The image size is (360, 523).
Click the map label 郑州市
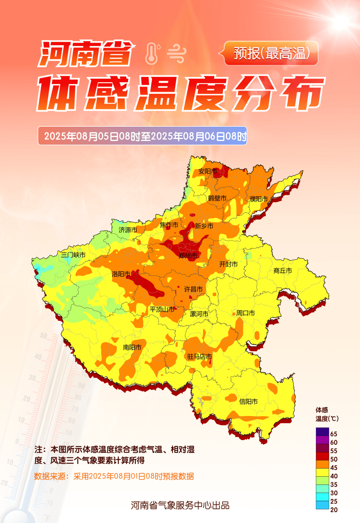point(188,256)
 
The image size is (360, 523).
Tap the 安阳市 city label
point(208,171)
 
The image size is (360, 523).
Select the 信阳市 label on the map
point(248,402)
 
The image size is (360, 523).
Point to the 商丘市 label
point(283,271)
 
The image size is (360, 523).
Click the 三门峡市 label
point(73,255)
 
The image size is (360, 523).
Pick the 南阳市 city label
point(132,347)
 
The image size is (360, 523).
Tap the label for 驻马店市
point(199,357)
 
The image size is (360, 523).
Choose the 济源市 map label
point(128,230)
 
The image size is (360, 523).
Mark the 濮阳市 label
point(259,199)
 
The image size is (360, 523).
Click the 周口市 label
point(246,313)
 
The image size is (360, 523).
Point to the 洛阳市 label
point(121,274)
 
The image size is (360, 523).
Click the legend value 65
point(334,434)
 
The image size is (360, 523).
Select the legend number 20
point(334,510)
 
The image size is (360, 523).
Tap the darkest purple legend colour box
point(322,432)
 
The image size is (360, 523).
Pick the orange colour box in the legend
point(322,464)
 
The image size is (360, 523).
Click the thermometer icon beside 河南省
point(152,54)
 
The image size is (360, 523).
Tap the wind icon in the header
point(176,54)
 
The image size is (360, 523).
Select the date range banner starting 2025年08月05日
point(142,136)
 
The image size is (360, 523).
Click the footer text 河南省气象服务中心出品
point(180,505)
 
